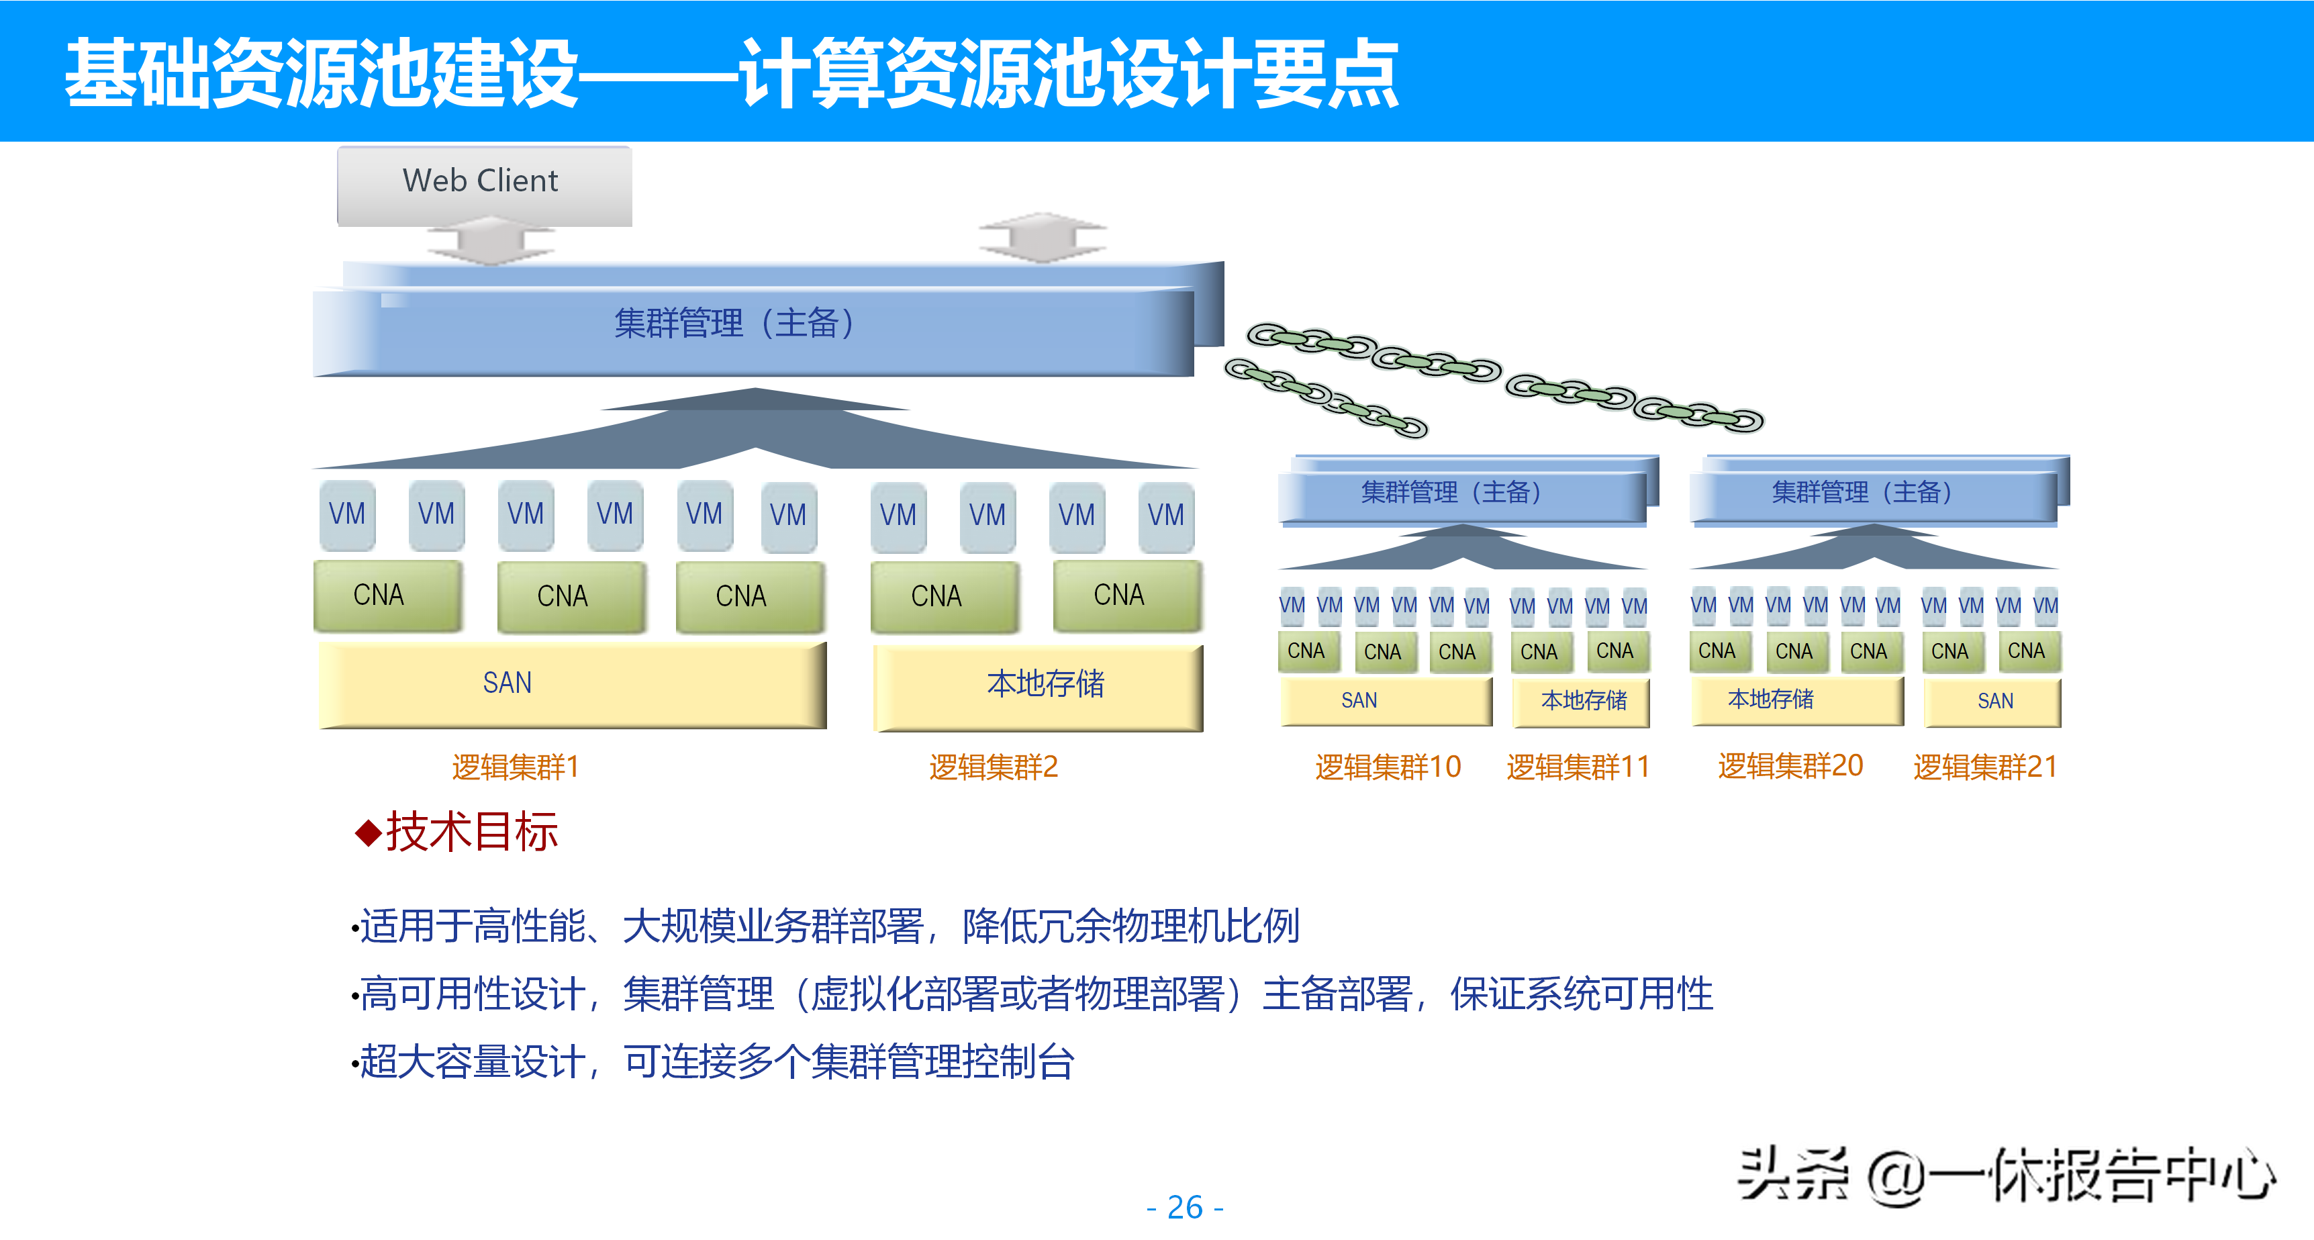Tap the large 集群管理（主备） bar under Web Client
coord(753,326)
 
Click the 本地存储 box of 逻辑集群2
coord(1038,685)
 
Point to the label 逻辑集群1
coord(516,767)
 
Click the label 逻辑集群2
coord(994,767)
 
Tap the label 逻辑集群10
coord(1388,767)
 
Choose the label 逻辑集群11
coord(1578,767)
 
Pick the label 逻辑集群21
coord(1985,767)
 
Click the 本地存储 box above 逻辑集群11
coord(1583,701)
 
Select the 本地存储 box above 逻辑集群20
coord(1796,700)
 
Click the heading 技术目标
coord(472,831)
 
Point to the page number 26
coord(1185,1206)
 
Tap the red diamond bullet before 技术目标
coord(369,833)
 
